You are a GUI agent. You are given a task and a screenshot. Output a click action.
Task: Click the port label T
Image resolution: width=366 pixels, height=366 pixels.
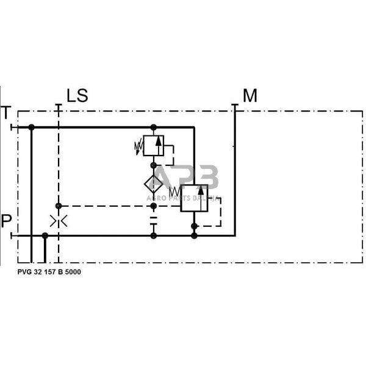click(7, 112)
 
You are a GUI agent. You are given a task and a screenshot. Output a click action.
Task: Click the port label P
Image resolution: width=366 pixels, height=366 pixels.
click(7, 220)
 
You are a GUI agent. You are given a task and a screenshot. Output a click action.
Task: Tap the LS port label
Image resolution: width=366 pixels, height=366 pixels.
click(77, 96)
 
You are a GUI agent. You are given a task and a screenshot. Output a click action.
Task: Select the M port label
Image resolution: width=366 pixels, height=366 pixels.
click(250, 96)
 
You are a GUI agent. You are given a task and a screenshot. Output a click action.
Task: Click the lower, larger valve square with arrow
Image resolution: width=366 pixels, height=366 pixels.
click(194, 198)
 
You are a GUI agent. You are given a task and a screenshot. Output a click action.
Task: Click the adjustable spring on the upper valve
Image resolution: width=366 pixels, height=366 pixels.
click(138, 146)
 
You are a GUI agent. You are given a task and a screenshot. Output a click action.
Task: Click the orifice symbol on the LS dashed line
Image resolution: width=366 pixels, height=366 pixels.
click(59, 221)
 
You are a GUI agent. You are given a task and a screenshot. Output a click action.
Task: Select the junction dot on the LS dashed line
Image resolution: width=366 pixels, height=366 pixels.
click(59, 206)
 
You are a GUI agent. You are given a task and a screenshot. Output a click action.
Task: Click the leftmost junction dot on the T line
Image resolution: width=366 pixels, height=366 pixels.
click(31, 127)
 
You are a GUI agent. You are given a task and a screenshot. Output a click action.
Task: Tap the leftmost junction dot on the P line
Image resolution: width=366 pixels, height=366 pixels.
click(45, 235)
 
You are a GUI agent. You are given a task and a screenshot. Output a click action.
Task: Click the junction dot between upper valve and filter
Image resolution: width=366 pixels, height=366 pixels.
click(154, 165)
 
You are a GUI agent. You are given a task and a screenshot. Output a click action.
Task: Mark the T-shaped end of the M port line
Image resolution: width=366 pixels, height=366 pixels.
click(235, 106)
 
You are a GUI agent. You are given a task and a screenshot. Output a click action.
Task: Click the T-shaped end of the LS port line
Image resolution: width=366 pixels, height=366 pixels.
click(59, 106)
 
